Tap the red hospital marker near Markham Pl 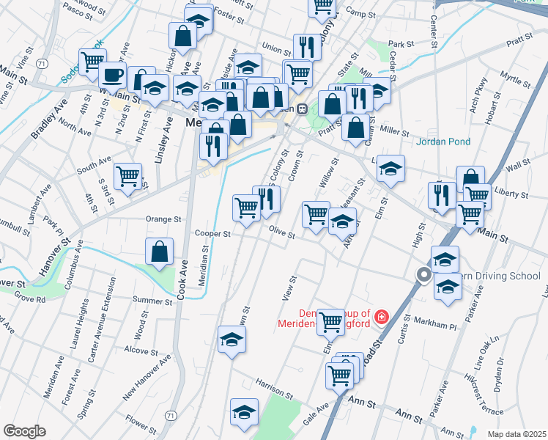381,317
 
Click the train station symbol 302,109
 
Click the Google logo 24,431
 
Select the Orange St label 163,219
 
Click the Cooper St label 212,235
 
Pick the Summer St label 152,300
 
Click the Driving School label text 500,276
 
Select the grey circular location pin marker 423,276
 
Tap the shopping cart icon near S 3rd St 128,175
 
